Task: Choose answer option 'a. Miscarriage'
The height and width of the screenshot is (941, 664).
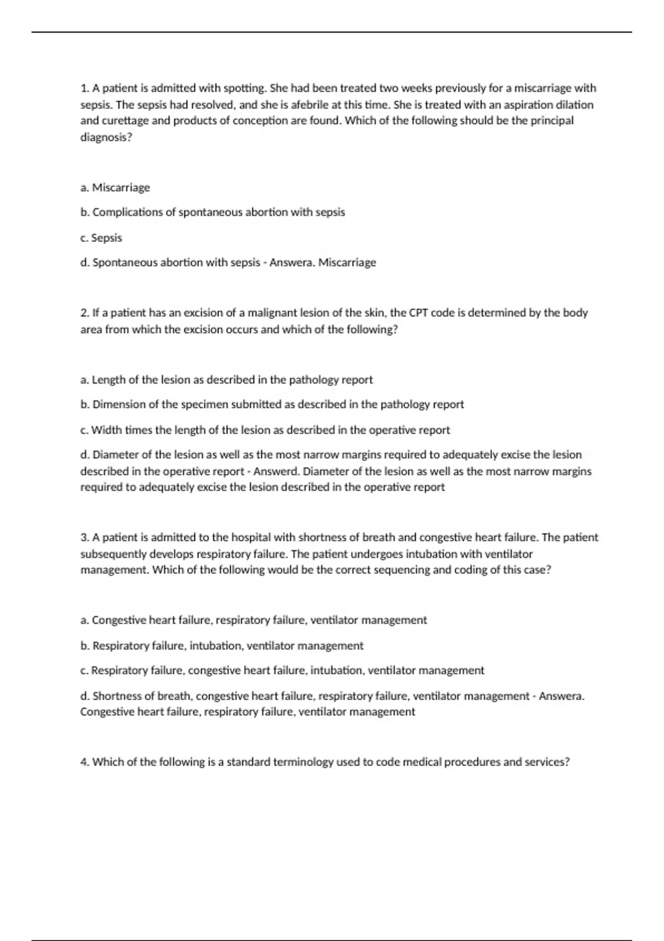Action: pos(115,188)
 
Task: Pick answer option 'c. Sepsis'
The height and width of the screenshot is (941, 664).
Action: pos(101,238)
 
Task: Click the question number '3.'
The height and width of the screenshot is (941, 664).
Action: pos(85,537)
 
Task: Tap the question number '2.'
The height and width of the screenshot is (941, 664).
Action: pos(85,313)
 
